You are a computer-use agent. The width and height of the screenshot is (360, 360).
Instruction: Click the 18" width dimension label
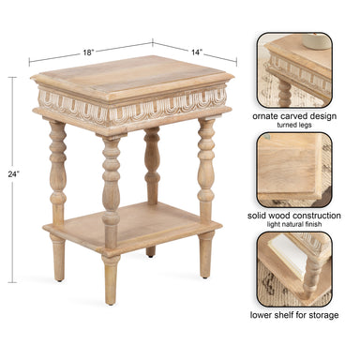88,52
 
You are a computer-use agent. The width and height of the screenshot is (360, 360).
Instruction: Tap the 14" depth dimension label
196,52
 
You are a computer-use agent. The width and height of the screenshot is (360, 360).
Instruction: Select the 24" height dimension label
13,174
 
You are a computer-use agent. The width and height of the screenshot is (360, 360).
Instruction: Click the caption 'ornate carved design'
294,116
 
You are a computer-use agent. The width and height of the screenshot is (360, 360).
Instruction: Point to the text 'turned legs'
294,125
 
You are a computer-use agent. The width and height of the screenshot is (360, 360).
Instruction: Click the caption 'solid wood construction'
294,216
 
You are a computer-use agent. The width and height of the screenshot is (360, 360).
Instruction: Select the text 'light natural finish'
294,224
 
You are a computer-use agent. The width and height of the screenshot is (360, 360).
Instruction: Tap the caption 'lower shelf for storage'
294,315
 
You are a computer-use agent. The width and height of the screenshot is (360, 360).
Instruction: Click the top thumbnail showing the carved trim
294,70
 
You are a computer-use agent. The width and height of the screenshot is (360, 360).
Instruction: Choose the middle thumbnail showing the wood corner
294,170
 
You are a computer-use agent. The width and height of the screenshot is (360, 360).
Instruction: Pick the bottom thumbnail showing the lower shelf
294,269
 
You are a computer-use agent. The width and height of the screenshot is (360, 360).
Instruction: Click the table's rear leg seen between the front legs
152,166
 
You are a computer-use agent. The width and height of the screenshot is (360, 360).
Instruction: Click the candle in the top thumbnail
316,41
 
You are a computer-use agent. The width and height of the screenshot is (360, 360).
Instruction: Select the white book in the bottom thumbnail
288,256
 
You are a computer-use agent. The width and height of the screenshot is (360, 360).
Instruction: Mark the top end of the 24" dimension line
12,77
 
